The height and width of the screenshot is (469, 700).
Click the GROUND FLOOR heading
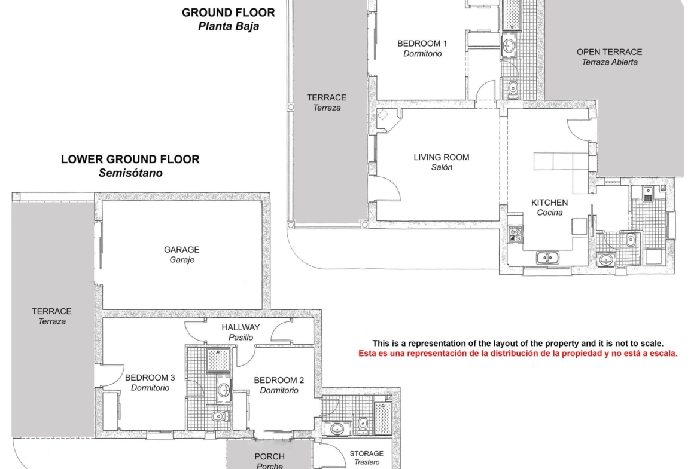pyautogui.click(x=228, y=13)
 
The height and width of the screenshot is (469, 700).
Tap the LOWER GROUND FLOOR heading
pyautogui.click(x=130, y=159)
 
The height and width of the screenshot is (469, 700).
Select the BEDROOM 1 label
pyautogui.click(x=422, y=44)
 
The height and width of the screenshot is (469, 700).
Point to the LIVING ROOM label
pyautogui.click(x=441, y=157)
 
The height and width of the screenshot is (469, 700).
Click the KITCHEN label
pyautogui.click(x=550, y=203)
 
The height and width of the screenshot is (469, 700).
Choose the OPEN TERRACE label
pyautogui.click(x=610, y=52)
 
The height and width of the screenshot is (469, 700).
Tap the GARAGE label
pyautogui.click(x=182, y=250)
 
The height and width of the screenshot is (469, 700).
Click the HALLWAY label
pyautogui.click(x=241, y=327)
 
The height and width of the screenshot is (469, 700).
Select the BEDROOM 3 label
pyautogui.click(x=150, y=378)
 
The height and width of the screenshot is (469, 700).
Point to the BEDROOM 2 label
pyautogui.click(x=279, y=381)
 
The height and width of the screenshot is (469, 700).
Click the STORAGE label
pyautogui.click(x=367, y=454)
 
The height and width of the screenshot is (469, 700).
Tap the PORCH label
pyautogui.click(x=270, y=457)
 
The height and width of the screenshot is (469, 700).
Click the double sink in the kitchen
pyautogui.click(x=548, y=258)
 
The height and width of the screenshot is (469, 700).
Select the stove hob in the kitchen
pyautogui.click(x=516, y=234)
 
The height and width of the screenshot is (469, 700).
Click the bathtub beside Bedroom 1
pyautogui.click(x=512, y=14)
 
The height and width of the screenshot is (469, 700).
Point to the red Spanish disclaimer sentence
pyautogui.click(x=518, y=354)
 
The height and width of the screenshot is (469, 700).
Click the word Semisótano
pyautogui.click(x=130, y=173)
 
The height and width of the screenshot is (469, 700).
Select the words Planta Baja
pyautogui.click(x=229, y=26)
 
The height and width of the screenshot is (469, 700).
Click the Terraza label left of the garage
pyautogui.click(x=52, y=321)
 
